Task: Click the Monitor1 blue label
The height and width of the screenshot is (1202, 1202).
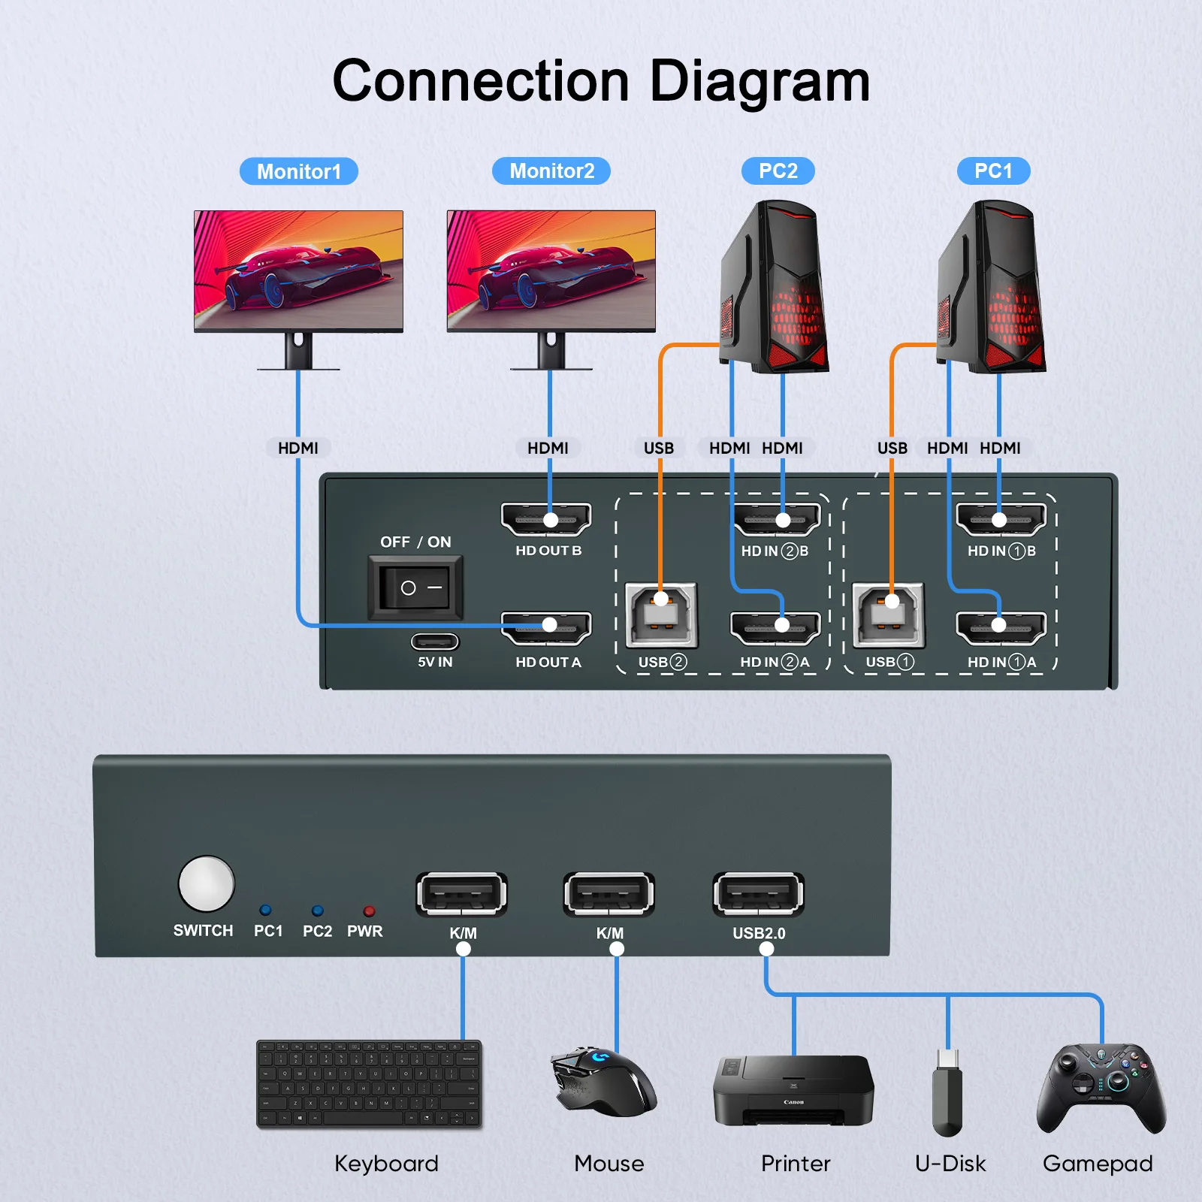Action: coord(298,171)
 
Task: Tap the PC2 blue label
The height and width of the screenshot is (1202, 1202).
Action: coord(778,171)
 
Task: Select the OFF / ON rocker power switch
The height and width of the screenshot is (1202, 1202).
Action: coord(415,587)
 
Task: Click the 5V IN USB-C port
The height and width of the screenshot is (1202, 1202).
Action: coord(434,642)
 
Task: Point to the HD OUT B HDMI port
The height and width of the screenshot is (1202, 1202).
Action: coord(546,519)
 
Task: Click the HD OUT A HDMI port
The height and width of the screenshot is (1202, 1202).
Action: coord(546,628)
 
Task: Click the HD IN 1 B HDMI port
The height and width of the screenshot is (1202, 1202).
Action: coord(1001,519)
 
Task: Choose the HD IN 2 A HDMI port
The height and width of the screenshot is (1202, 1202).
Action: coord(775,628)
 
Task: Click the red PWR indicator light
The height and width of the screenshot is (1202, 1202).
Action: coord(369,911)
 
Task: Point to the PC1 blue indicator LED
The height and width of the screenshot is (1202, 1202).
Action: coord(265,911)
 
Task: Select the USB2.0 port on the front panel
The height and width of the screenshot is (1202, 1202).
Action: coord(758,894)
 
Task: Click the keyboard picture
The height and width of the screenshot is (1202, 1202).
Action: coord(368,1083)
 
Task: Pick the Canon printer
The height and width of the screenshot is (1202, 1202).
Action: coord(793,1091)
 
